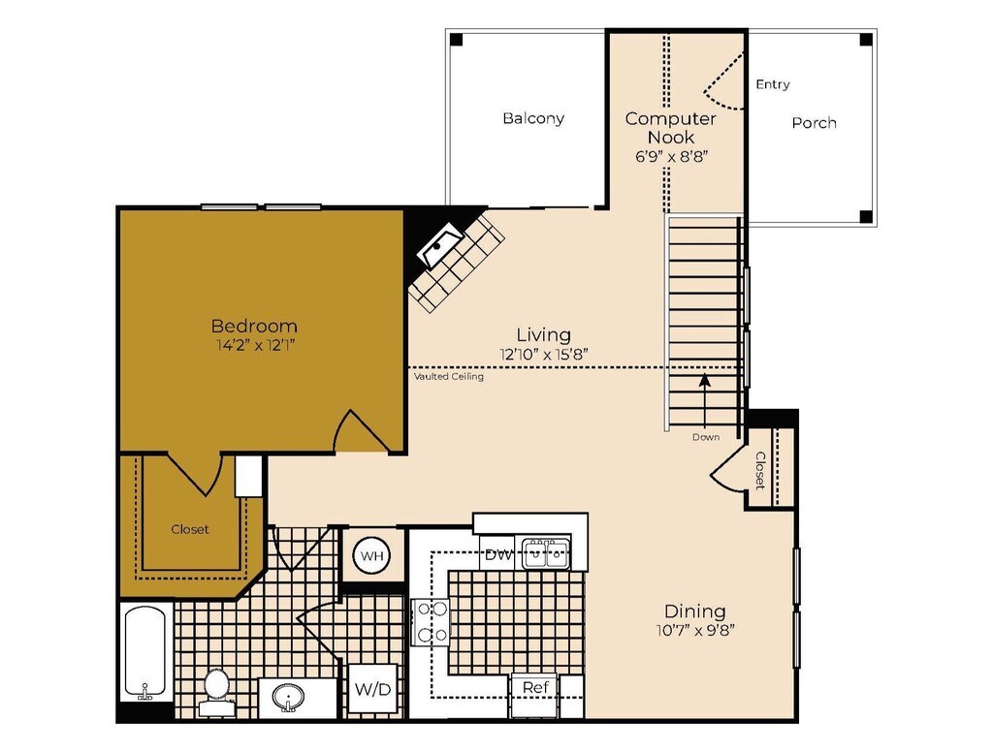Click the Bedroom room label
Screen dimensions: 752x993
254,326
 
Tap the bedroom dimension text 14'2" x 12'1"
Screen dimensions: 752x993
254,345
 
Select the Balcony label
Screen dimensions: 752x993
533,118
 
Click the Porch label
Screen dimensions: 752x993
814,122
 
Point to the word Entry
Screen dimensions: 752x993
773,84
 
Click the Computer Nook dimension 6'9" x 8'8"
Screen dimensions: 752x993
670,156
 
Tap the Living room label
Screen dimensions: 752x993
543,334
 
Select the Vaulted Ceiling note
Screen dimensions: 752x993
448,377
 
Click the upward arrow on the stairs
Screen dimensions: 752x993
705,392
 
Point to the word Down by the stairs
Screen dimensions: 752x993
706,437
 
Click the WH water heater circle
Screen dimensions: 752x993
370,556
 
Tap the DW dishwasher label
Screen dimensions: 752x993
498,554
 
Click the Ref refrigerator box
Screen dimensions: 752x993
536,687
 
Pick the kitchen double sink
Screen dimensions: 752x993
546,554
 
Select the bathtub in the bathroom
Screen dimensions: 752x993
146,651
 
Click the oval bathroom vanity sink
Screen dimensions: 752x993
288,697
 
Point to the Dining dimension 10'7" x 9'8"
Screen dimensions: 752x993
694,630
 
